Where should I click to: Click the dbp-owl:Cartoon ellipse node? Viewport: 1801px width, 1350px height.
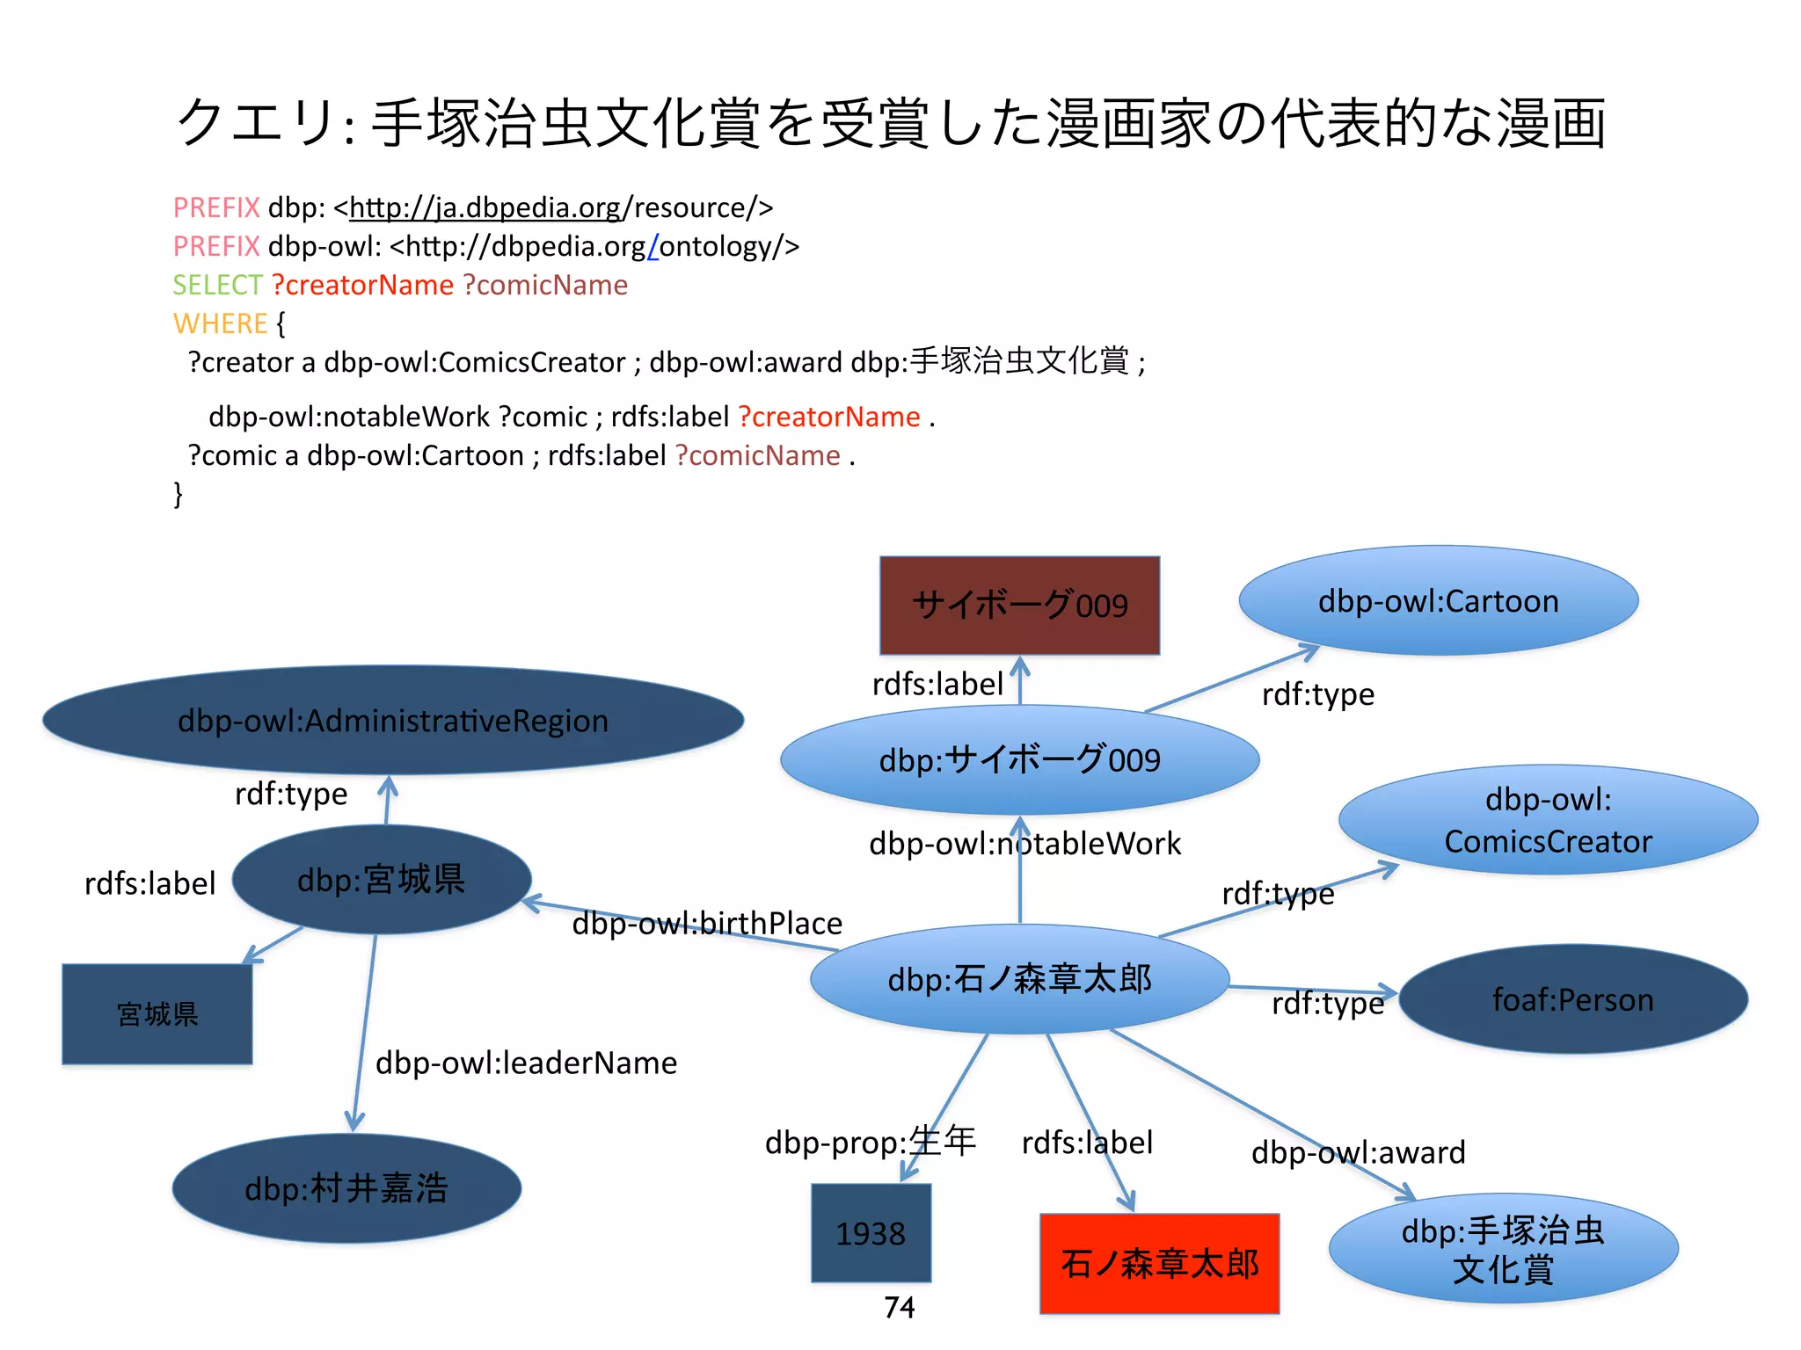(1438, 601)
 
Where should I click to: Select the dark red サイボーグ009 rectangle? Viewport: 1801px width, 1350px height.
(1019, 606)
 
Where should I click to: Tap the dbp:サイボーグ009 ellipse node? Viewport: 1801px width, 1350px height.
(1019, 760)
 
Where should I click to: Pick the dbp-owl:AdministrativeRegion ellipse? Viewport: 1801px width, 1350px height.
(393, 721)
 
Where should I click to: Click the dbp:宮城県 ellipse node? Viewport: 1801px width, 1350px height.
(381, 880)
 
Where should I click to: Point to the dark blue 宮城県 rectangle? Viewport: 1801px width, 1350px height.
(157, 1014)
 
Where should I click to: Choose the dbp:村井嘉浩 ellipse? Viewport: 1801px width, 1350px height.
(346, 1188)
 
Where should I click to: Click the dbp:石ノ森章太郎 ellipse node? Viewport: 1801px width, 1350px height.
(1019, 979)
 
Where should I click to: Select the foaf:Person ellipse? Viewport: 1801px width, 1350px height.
(1572, 1000)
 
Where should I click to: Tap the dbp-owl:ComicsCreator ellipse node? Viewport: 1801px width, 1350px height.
(1548, 820)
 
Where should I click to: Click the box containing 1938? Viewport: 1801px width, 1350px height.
(871, 1233)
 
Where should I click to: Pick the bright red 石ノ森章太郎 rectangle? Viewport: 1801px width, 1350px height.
(1159, 1264)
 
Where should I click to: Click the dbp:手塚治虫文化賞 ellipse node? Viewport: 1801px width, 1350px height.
(1503, 1249)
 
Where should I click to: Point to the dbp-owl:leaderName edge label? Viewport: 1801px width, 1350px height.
(526, 1063)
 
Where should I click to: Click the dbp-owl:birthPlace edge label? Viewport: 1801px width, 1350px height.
(707, 924)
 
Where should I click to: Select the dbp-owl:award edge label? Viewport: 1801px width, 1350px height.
(1358, 1152)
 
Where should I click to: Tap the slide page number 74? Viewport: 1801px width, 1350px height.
(899, 1308)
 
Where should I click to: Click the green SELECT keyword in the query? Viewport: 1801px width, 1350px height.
(217, 285)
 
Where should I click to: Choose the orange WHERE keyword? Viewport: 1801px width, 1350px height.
(220, 323)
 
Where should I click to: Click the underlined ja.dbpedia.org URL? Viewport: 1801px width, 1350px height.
(485, 207)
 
